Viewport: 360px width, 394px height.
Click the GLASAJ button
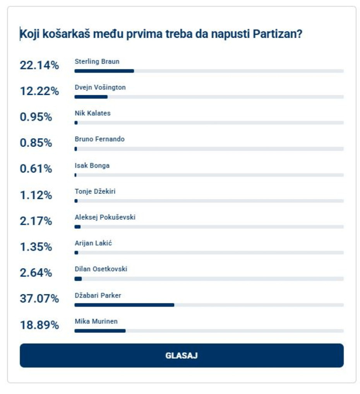pyautogui.click(x=182, y=355)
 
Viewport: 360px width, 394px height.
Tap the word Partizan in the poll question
pyautogui.click(x=277, y=34)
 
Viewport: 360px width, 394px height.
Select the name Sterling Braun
pyautogui.click(x=97, y=61)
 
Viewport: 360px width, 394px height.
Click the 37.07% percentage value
pyautogui.click(x=39, y=299)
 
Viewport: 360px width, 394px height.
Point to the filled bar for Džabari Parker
pyautogui.click(x=124, y=305)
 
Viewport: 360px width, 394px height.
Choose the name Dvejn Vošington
pyautogui.click(x=100, y=87)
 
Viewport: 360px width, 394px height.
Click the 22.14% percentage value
pyautogui.click(x=39, y=65)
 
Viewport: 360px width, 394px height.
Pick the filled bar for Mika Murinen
pyautogui.click(x=100, y=331)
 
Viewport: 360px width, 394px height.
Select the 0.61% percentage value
pyautogui.click(x=36, y=169)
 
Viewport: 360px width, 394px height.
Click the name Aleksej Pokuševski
pyautogui.click(x=105, y=217)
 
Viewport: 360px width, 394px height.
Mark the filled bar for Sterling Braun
pyautogui.click(x=104, y=71)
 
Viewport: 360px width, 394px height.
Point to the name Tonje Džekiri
pyautogui.click(x=95, y=191)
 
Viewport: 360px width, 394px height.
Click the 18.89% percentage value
pyautogui.click(x=39, y=325)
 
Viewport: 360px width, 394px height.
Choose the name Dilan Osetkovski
pyautogui.click(x=101, y=269)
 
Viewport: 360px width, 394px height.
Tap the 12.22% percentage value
pyautogui.click(x=39, y=91)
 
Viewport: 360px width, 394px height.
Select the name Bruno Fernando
pyautogui.click(x=99, y=139)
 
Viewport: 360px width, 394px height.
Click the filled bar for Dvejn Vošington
pyautogui.click(x=91, y=97)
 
